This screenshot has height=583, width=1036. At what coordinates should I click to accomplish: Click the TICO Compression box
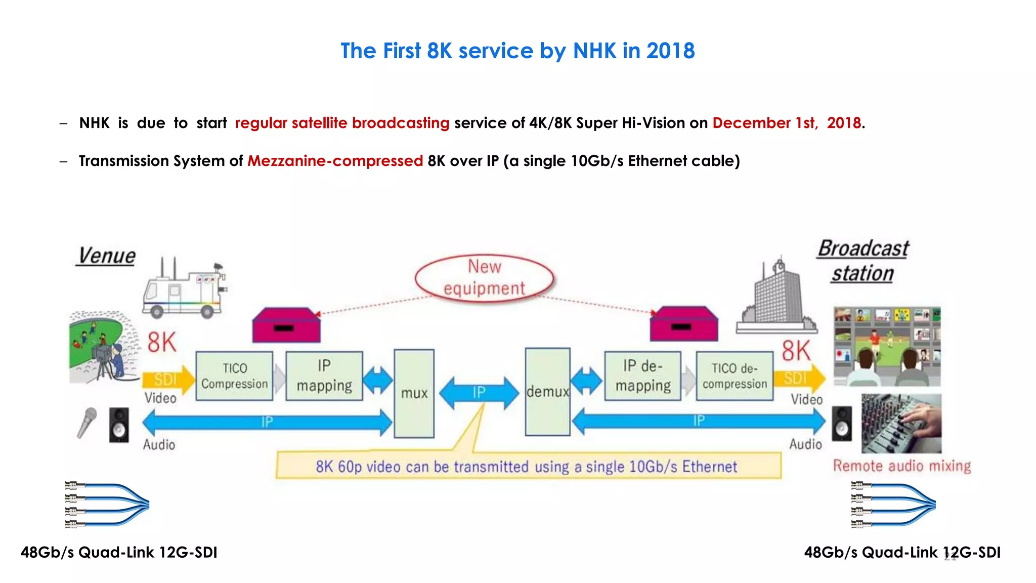(234, 376)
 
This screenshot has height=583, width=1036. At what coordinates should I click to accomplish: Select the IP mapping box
(324, 376)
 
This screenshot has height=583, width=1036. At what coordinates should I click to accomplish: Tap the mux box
(414, 393)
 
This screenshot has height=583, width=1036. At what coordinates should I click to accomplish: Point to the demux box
(547, 392)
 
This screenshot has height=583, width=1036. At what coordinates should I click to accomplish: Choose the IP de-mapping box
(643, 376)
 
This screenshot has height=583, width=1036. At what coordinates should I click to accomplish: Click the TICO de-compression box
(735, 376)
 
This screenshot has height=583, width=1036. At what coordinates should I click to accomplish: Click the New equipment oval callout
(484, 278)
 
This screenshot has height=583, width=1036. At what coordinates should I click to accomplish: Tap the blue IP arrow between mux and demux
(479, 392)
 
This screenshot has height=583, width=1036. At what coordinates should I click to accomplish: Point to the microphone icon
(87, 422)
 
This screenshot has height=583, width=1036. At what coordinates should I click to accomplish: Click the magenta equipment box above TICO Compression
(286, 325)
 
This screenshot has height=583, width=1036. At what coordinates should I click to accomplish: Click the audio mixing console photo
(901, 424)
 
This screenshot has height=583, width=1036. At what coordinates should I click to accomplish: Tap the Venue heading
(106, 256)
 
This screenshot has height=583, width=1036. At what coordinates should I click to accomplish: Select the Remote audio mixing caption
(902, 466)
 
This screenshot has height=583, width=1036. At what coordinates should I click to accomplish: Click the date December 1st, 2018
(787, 123)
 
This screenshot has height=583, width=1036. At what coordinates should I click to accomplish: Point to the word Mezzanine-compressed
(335, 161)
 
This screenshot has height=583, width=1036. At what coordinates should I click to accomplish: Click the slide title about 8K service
(517, 51)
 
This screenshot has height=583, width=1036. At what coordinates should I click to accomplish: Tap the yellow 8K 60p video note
(528, 466)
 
